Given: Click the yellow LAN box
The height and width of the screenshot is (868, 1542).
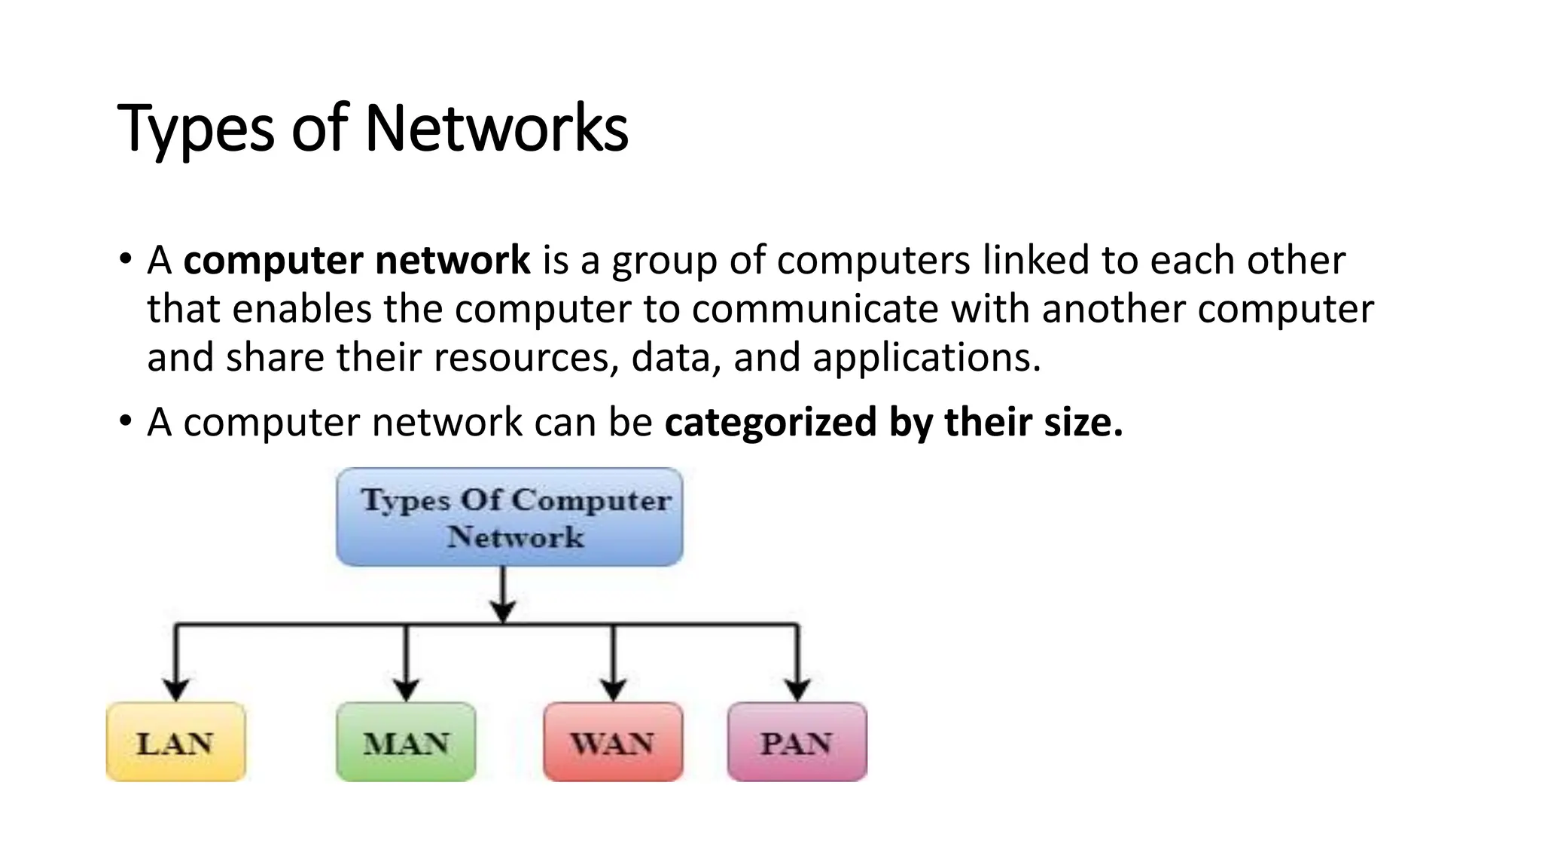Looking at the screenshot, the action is coord(176,741).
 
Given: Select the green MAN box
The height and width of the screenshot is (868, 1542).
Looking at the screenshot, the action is coord(406,741).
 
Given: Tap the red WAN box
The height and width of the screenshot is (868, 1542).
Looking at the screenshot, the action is coord(613,741).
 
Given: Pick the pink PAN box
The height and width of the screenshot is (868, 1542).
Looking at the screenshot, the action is coord(797,741).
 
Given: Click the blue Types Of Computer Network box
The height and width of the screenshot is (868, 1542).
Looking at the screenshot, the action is coord(510,517).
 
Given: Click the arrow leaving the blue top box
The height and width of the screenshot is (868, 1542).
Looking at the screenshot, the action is coord(503,594).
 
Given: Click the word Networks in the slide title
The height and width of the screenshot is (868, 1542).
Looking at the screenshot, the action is coord(496,129).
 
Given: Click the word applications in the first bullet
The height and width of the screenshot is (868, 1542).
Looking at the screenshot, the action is coord(927,358).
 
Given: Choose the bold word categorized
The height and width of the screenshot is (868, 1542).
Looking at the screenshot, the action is coord(771,423).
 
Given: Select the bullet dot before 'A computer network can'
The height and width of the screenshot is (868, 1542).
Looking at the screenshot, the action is coord(125,422).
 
